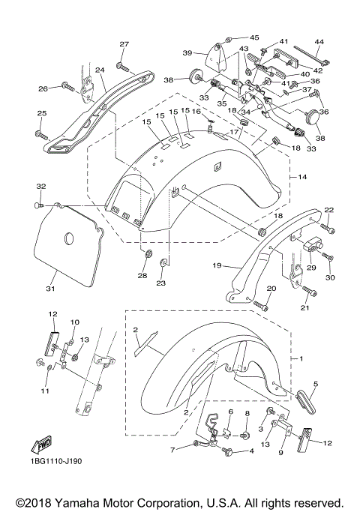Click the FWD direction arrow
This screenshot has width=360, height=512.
[x=41, y=445]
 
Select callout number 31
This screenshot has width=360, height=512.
[x=50, y=289]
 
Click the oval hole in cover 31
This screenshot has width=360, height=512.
[x=68, y=239]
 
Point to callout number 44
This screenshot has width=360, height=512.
[x=319, y=42]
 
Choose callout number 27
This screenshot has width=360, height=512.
[x=124, y=44]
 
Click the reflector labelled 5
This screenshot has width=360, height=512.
[x=305, y=402]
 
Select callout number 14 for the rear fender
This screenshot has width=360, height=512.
[x=302, y=177]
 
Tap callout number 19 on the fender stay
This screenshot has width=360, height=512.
[x=217, y=265]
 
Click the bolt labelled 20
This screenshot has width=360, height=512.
[x=260, y=306]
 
